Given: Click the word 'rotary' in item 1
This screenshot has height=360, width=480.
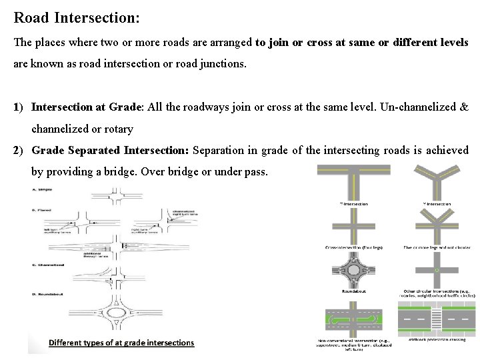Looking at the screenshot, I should [119, 128].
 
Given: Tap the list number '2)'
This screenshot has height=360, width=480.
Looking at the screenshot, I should [20, 150].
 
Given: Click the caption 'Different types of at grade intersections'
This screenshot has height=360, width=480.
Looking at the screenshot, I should [121, 343].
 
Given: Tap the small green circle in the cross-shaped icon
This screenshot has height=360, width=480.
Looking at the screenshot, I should [436, 271].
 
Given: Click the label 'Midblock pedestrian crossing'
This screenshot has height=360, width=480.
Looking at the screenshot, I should [437, 339].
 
